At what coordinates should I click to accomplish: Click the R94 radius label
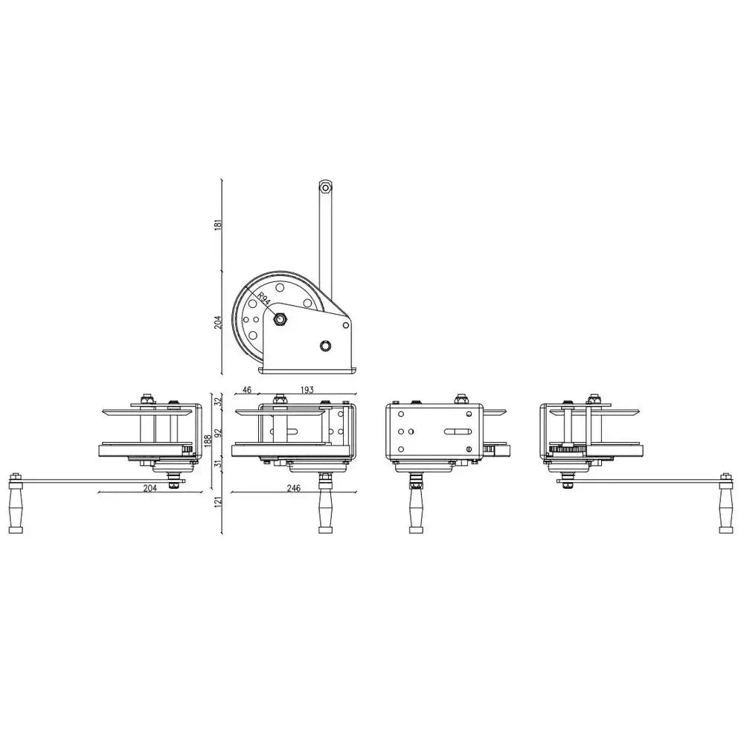pos(264,300)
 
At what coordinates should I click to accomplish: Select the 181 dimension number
pos(218,225)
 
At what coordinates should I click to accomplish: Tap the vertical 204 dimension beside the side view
pos(218,322)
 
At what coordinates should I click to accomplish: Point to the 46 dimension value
pos(247,390)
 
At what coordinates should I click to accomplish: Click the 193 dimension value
pos(307,390)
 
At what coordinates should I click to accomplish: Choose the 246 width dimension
pos(294,488)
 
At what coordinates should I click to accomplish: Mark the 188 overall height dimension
pos(207,440)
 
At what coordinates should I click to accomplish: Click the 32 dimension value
pos(218,402)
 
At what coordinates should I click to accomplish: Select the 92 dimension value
pos(218,434)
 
